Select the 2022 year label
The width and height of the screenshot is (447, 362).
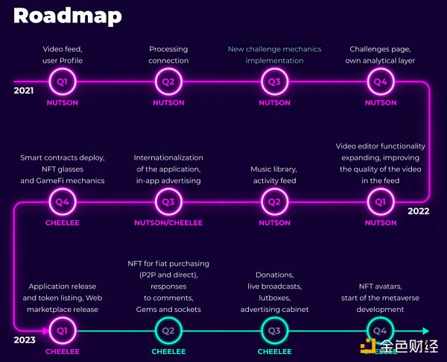coord(418,211)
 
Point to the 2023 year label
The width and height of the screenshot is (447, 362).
coord(24,340)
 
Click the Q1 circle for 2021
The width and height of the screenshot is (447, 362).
coord(63,81)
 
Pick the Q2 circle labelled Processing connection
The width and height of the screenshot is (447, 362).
coord(168,81)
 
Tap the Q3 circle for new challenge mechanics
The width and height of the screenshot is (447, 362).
coord(274,81)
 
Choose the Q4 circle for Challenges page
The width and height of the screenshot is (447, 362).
coord(380,81)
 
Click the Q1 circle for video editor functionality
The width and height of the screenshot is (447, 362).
coord(380,201)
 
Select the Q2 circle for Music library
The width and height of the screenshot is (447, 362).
coord(274,201)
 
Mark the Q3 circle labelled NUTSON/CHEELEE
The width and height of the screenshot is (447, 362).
coord(168,201)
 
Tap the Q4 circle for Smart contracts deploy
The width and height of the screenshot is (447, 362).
coord(63,201)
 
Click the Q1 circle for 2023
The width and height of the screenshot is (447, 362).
coord(63,330)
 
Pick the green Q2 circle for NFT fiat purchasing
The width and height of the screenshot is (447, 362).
coord(168,330)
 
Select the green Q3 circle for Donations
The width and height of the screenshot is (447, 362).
coord(274,330)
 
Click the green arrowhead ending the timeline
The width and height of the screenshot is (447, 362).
coord(425,330)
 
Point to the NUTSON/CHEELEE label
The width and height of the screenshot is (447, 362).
coord(168,222)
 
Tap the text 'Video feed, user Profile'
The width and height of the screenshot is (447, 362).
coord(63,55)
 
